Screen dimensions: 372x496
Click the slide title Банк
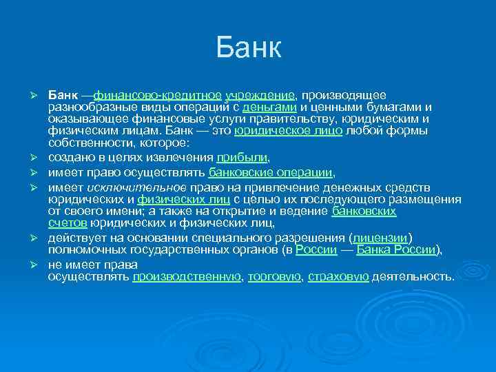[248, 48]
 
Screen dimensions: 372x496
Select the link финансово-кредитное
[157, 94]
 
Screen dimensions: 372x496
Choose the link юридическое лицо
[288, 131]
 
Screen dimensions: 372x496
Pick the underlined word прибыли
[237, 156]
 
